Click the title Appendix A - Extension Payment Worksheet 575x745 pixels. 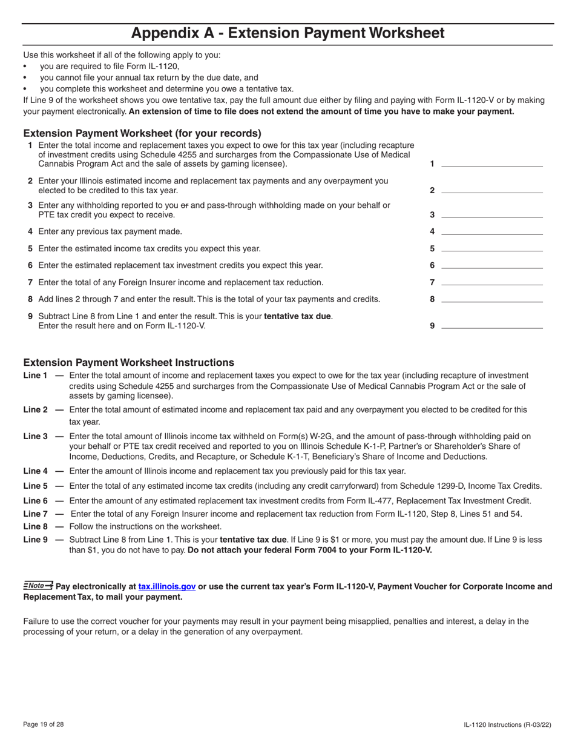point(287,33)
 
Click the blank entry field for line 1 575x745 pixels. point(492,164)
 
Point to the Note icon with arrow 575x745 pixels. point(38,586)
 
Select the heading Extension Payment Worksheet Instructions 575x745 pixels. point(128,362)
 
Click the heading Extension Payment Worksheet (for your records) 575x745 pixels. point(142,133)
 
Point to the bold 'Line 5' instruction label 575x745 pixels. point(35,486)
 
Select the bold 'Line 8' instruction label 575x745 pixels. point(35,526)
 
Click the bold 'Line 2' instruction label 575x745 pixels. point(35,409)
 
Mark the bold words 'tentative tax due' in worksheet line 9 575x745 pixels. point(298,316)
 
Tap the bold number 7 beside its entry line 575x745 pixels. point(432,282)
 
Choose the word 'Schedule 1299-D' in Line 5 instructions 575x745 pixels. point(440,486)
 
